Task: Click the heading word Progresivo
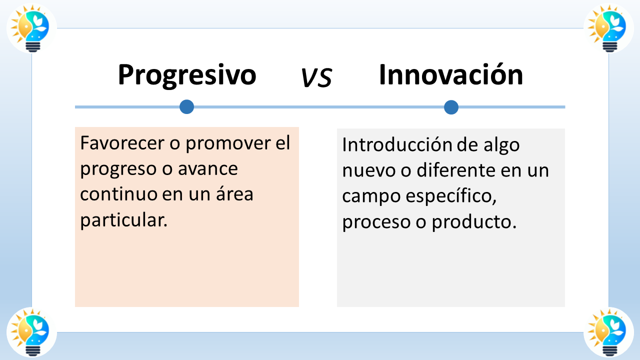click(187, 75)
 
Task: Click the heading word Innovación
click(451, 75)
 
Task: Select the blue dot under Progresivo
click(186, 106)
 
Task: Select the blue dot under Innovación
click(451, 107)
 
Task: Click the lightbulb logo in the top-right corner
click(608, 28)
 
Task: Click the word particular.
click(123, 220)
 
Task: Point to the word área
click(234, 194)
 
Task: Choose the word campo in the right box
click(370, 197)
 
